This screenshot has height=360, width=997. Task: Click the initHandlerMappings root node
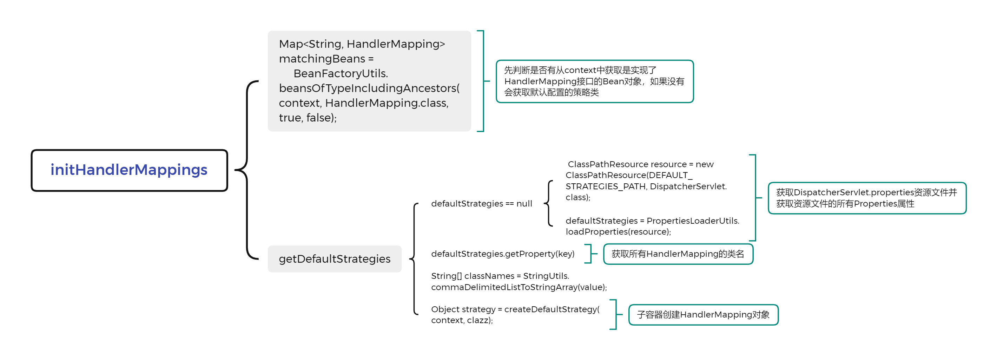tap(129, 170)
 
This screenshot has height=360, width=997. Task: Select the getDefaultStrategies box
tap(335, 258)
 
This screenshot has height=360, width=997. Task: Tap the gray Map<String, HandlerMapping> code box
tap(369, 81)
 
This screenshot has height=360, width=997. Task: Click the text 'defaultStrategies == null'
tap(481, 204)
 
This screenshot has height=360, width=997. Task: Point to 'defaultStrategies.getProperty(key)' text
tap(503, 254)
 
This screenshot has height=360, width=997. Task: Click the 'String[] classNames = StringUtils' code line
tap(519, 281)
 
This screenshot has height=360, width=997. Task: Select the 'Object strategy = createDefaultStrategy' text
tap(515, 315)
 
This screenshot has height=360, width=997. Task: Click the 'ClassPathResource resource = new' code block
tap(646, 181)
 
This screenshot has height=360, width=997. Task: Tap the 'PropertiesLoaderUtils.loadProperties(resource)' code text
tap(653, 226)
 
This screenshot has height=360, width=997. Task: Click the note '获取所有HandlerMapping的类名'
tap(678, 254)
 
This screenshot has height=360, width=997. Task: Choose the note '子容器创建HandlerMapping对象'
tap(703, 315)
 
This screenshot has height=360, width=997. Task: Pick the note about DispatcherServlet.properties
tap(867, 198)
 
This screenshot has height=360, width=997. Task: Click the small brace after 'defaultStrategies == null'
tap(549, 203)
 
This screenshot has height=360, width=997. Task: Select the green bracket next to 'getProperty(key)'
tap(591, 254)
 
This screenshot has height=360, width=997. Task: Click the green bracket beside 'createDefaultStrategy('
tap(616, 315)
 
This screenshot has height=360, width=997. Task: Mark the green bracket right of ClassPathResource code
tap(755, 198)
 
